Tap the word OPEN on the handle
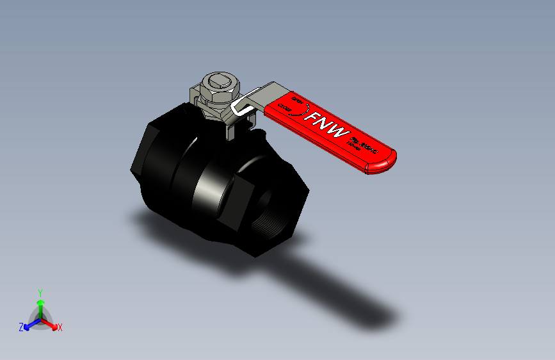tap(298, 101)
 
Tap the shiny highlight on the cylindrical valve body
tap(206, 186)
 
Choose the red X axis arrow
tap(52, 323)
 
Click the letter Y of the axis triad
tap(40, 292)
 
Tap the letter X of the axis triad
tap(60, 327)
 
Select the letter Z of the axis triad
tap(21, 327)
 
